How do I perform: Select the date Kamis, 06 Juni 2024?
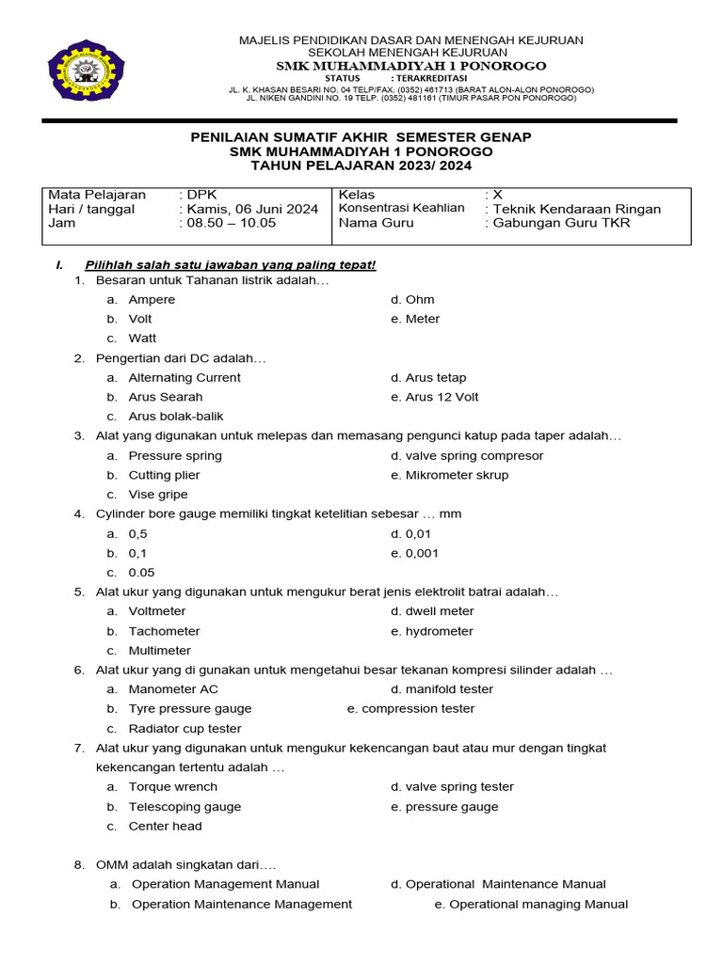pyautogui.click(x=252, y=209)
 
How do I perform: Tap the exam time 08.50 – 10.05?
pyautogui.click(x=231, y=223)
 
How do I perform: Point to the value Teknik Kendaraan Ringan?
pyautogui.click(x=577, y=209)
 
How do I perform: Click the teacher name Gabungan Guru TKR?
pyautogui.click(x=562, y=223)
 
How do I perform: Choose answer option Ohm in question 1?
pyautogui.click(x=419, y=300)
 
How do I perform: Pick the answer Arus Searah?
pyautogui.click(x=165, y=397)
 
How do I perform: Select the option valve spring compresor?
pyautogui.click(x=474, y=456)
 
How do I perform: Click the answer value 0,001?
pyautogui.click(x=421, y=553)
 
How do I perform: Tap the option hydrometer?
pyautogui.click(x=439, y=631)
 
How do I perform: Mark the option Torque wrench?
pyautogui.click(x=172, y=787)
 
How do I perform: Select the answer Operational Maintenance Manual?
pyautogui.click(x=505, y=884)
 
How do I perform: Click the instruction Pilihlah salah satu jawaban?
pyautogui.click(x=230, y=265)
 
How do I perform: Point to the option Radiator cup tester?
pyautogui.click(x=185, y=729)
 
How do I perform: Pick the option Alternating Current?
pyautogui.click(x=185, y=377)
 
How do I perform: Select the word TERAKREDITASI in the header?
pyautogui.click(x=434, y=78)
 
